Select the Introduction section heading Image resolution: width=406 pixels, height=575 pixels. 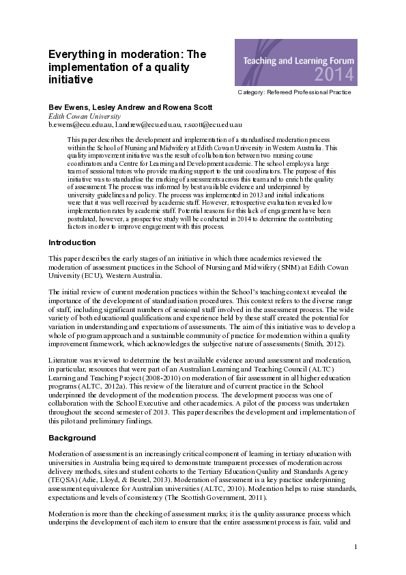click(x=72, y=243)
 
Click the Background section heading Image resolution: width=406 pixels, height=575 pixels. click(x=72, y=438)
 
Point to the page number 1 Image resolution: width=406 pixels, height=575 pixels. click(x=356, y=547)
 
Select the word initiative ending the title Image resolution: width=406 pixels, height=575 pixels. click(x=70, y=80)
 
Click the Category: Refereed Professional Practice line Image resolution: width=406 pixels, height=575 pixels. click(x=294, y=92)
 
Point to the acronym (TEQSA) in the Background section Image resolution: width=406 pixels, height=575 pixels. click(x=63, y=480)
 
